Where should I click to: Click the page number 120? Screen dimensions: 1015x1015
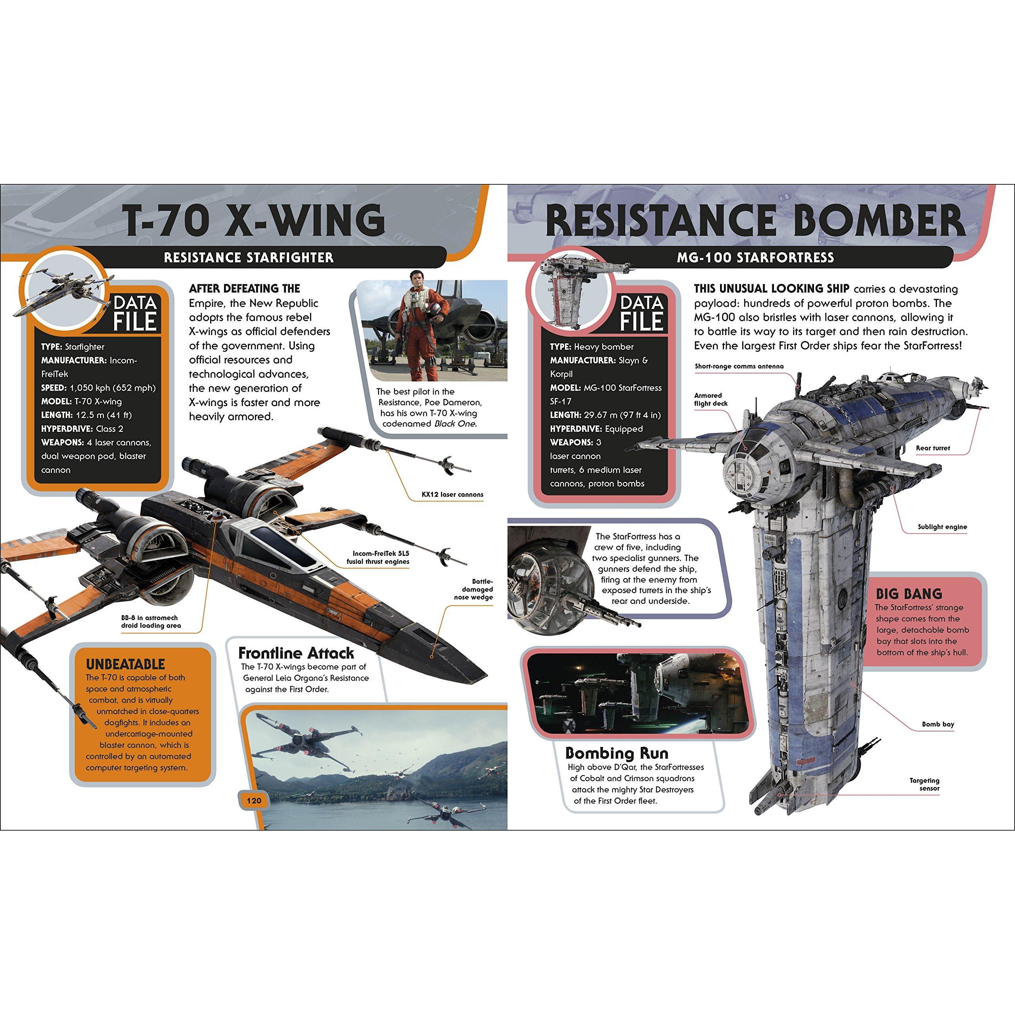tap(254, 801)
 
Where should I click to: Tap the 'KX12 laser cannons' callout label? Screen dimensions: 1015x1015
tap(452, 494)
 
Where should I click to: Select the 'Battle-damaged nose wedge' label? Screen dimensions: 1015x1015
tap(473, 590)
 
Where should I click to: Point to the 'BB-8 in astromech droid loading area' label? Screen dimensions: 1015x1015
tap(151, 622)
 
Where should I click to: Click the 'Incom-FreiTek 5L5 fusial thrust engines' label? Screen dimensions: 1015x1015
tap(378, 557)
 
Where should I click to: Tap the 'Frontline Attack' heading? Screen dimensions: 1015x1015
tap(296, 653)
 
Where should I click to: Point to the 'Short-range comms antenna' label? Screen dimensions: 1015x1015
tap(739, 366)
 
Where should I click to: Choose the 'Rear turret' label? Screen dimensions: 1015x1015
tap(933, 448)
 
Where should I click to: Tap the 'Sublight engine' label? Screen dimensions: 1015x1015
tap(942, 527)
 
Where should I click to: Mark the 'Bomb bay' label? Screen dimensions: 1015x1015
tap(938, 724)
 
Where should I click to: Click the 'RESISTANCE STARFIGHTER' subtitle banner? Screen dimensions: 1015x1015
tap(249, 257)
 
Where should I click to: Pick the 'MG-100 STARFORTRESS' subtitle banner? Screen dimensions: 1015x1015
tap(755, 257)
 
